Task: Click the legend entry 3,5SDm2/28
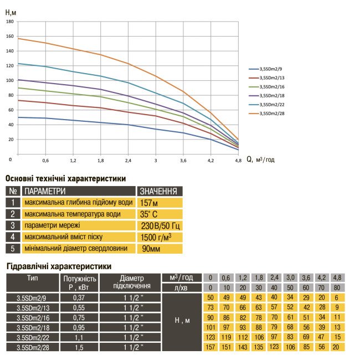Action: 276,113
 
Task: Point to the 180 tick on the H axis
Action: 9,22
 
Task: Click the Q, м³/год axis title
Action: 260,159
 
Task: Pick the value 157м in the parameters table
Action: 149,203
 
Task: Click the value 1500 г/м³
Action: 156,237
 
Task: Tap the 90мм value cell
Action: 150,249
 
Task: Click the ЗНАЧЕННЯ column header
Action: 158,192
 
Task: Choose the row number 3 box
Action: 12,225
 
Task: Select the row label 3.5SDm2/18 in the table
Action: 33,327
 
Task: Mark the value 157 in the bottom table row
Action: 210,347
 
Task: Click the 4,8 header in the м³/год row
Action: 337,277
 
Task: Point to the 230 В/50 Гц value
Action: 161,226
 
